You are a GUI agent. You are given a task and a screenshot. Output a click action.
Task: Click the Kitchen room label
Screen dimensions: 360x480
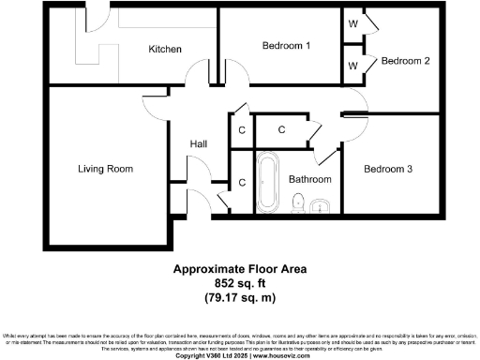(164, 49)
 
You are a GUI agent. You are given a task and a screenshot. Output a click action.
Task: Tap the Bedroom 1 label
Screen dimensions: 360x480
(286, 45)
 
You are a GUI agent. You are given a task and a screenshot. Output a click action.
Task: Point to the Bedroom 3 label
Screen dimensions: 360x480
(388, 169)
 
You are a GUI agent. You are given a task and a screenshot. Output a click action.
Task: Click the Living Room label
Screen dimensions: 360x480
(105, 169)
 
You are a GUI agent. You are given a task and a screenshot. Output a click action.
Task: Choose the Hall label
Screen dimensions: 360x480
(199, 144)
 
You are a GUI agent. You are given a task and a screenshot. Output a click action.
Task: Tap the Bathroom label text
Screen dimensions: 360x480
(309, 178)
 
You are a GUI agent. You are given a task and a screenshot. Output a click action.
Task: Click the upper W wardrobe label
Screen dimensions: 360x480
(352, 22)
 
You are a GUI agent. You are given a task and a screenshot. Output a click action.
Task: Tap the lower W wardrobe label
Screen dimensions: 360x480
(352, 66)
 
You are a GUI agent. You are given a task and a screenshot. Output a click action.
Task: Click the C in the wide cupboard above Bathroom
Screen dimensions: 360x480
(282, 130)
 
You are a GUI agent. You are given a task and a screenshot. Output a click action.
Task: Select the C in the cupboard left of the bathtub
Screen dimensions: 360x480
(242, 183)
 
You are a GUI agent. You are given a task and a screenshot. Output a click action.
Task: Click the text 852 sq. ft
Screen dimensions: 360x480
(240, 283)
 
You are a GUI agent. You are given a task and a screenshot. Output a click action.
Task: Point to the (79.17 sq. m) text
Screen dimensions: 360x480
(240, 298)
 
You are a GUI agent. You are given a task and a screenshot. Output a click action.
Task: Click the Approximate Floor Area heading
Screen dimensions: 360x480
(240, 268)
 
